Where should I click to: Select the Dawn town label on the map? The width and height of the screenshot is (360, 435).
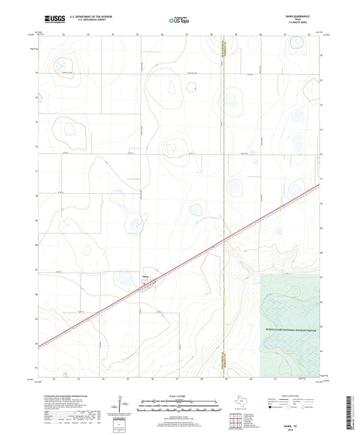click(145, 275)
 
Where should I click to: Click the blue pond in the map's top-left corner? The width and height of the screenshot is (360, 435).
click(61, 67)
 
